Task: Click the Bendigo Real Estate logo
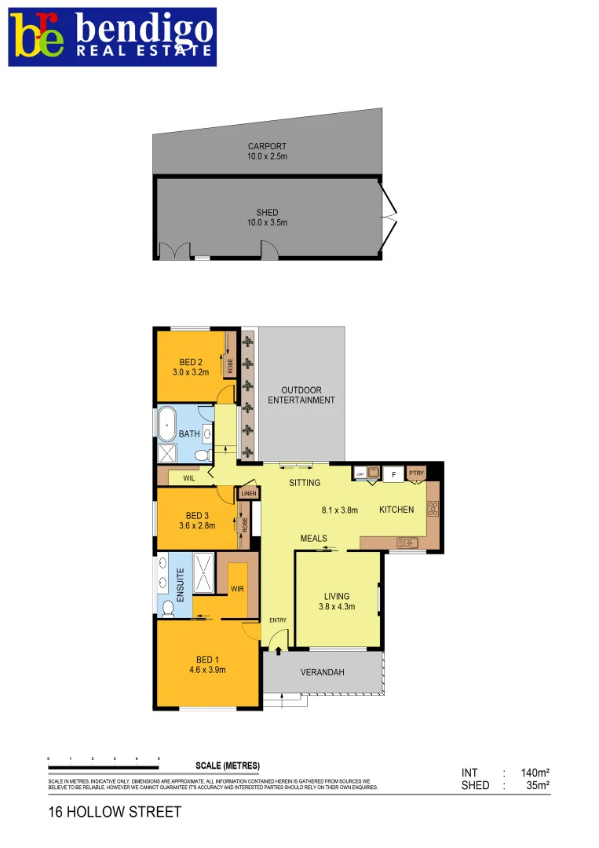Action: [112, 37]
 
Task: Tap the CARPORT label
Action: [267, 146]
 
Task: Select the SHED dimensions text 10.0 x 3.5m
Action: [267, 222]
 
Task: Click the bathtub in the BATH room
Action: [167, 423]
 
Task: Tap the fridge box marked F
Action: [393, 473]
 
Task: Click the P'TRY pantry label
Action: [416, 473]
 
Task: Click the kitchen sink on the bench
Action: [407, 542]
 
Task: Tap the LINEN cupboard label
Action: [249, 493]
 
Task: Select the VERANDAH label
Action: [323, 673]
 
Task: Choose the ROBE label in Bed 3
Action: [245, 524]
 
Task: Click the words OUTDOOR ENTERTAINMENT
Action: [301, 395]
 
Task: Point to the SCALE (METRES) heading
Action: [227, 766]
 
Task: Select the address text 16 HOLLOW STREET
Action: [115, 812]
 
